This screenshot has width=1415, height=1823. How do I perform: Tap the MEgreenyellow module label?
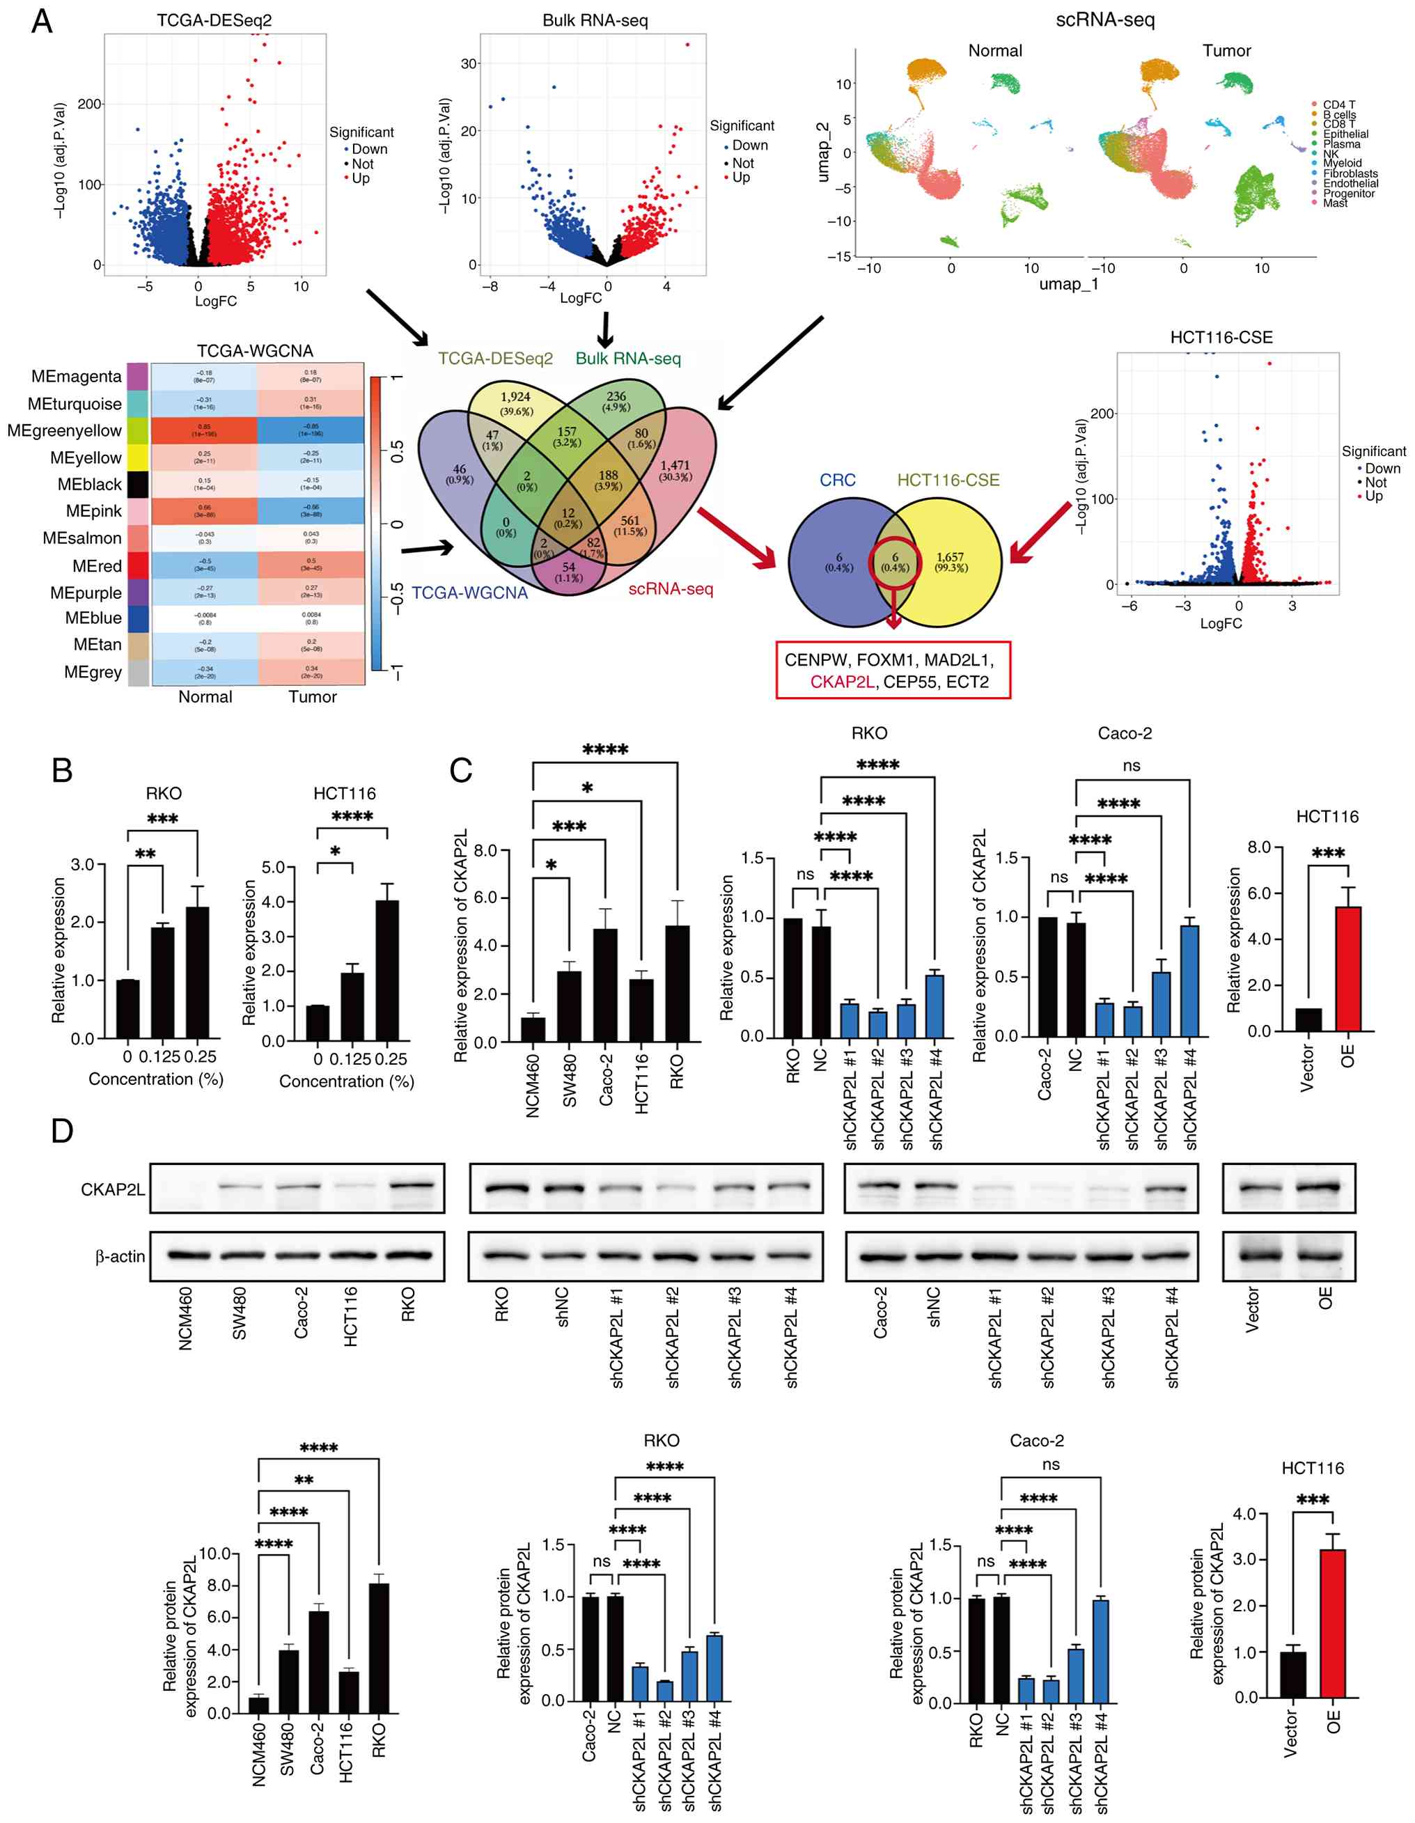(x=65, y=431)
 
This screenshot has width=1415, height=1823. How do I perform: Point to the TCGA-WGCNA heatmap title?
(x=255, y=352)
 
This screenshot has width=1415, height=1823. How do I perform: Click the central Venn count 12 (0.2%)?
(x=568, y=518)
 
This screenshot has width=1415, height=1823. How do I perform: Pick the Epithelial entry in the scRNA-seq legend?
(x=1345, y=134)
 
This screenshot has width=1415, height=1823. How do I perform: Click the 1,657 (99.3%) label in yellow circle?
(x=951, y=562)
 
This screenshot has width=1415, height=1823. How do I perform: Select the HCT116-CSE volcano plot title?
(x=1221, y=338)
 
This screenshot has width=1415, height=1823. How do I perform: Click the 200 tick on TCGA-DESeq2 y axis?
(x=89, y=104)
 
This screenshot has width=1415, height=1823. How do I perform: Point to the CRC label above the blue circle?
(x=837, y=480)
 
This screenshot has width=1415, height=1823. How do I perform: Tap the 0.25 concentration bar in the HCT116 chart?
(x=386, y=970)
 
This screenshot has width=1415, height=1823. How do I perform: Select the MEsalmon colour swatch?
(x=138, y=538)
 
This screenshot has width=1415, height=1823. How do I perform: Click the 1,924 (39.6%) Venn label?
(x=515, y=403)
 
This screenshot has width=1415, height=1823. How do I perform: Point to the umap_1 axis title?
(x=1068, y=285)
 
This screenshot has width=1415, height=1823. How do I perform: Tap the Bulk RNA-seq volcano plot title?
(x=595, y=21)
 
